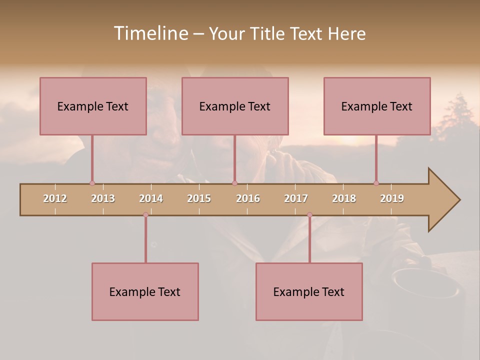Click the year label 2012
[x=55, y=198]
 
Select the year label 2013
[x=103, y=198]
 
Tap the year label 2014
[x=151, y=198]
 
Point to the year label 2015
[x=199, y=198]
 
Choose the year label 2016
[x=248, y=198]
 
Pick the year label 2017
[x=296, y=198]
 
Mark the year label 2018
[x=344, y=198]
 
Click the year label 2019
[x=392, y=198]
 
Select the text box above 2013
[x=93, y=106]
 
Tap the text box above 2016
[x=235, y=106]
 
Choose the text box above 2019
[x=377, y=106]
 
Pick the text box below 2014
[x=145, y=291]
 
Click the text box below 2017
[x=309, y=291]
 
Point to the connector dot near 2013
[x=92, y=183]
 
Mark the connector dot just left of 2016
[x=234, y=183]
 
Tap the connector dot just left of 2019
[x=376, y=183]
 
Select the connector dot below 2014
[x=145, y=214]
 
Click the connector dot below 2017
[x=309, y=214]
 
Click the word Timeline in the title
[x=150, y=33]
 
